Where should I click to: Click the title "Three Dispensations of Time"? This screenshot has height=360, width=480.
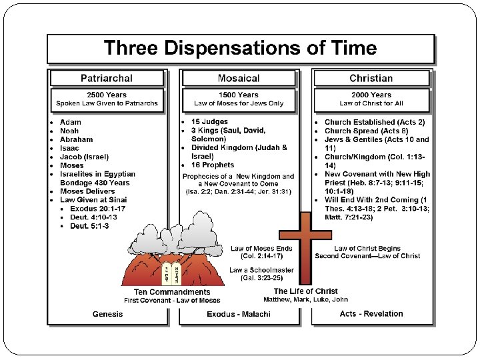pos(240,49)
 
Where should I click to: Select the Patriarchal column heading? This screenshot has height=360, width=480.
pos(107,78)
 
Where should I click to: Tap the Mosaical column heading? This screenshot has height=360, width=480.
pos(238,78)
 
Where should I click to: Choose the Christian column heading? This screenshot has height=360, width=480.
pos(371,78)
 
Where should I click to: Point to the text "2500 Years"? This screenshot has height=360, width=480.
pos(107,95)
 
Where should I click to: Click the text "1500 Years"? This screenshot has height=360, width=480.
pos(238,95)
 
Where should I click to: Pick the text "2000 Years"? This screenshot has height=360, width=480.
pos(371,95)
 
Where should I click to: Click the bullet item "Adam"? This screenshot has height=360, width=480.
pos(71,123)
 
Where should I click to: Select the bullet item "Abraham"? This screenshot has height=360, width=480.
pos(77,140)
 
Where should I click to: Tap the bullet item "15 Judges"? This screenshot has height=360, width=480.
pos(209,122)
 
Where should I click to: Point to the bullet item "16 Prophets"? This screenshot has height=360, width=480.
pos(213,165)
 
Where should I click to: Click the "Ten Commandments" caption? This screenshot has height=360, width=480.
pos(172,292)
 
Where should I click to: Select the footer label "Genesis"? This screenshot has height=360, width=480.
pos(107,314)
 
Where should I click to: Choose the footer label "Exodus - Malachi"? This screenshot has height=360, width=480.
pos(238,314)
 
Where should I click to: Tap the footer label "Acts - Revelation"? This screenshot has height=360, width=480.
pos(371,314)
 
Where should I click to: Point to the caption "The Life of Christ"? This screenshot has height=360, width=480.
pos(305,291)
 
